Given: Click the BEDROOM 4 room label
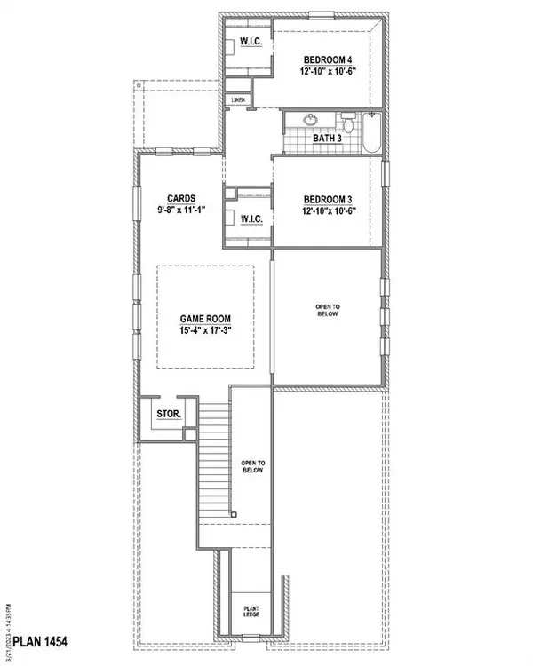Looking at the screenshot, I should [x=328, y=59].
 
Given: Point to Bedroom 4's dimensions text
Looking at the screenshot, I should [x=328, y=74].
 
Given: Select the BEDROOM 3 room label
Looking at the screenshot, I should [x=328, y=199].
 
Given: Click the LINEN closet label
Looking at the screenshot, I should [x=237, y=100].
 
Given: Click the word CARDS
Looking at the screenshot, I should [x=180, y=199].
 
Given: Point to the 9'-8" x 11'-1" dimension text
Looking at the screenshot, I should [x=180, y=212].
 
